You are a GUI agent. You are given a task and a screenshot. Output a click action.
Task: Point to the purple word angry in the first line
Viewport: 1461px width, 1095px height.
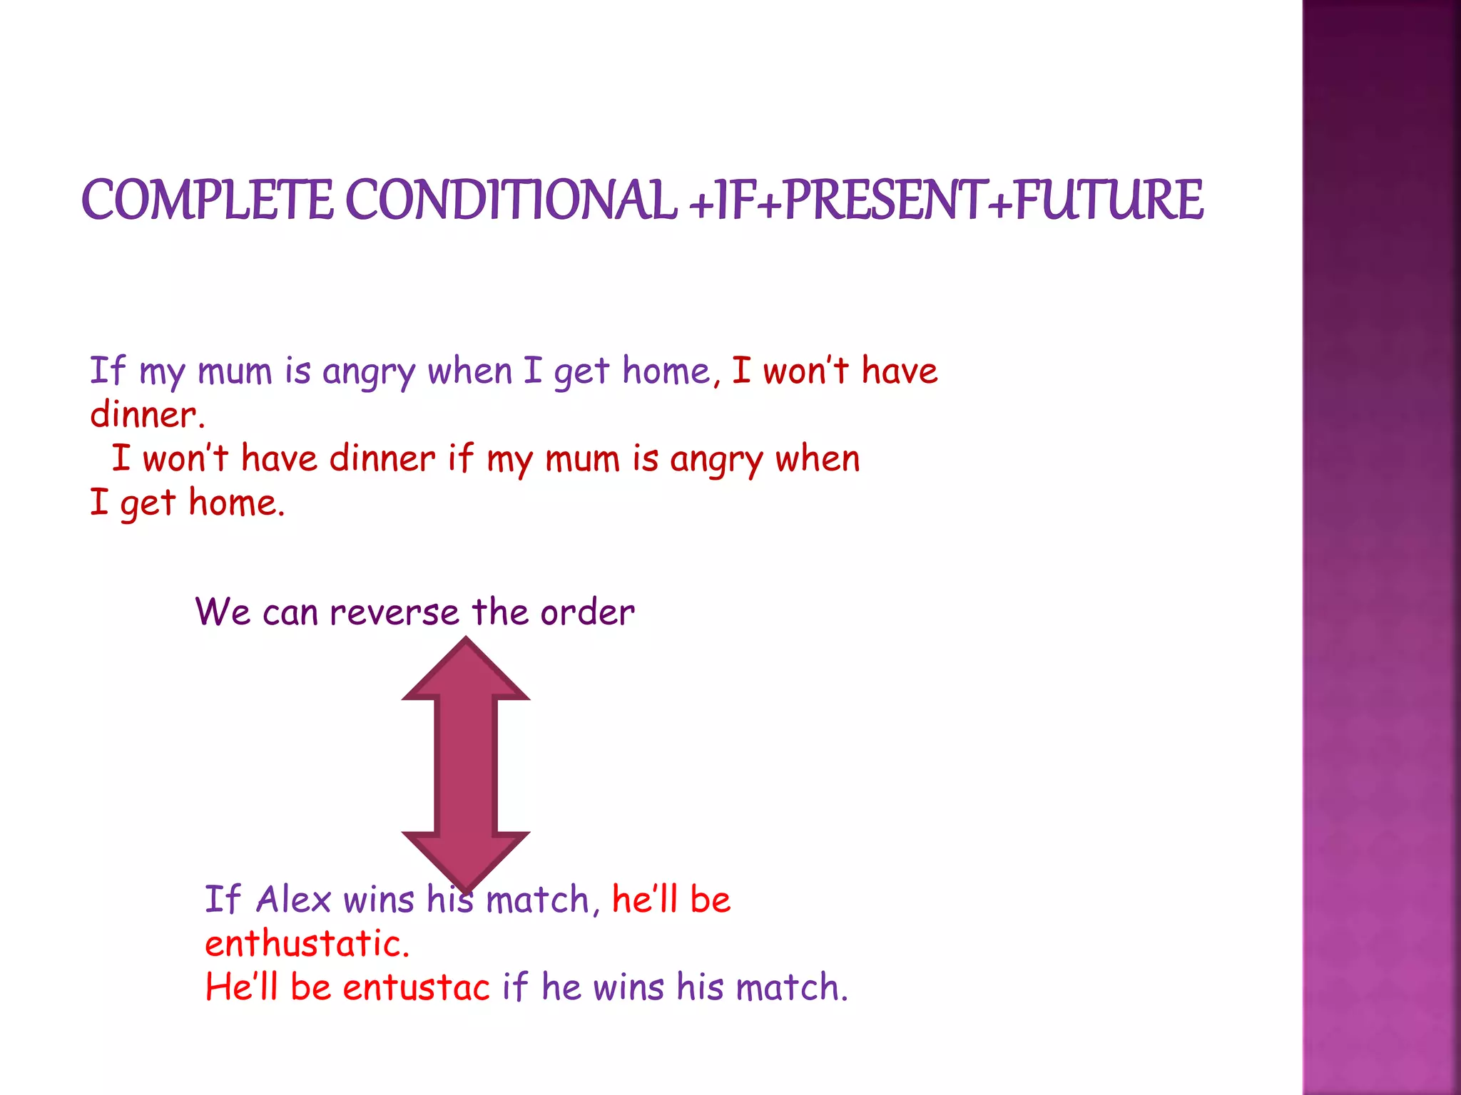[x=368, y=372]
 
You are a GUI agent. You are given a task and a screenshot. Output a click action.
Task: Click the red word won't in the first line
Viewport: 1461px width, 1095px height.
[x=805, y=371]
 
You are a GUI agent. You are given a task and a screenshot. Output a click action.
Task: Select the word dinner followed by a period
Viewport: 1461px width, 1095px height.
[x=147, y=415]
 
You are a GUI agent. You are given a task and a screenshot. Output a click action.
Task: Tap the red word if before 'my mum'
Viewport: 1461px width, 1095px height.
[x=460, y=458]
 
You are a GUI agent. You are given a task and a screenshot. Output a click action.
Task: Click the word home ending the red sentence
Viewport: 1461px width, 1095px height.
[x=235, y=503]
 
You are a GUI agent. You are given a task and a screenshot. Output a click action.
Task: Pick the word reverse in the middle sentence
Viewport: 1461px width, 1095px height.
[x=394, y=612]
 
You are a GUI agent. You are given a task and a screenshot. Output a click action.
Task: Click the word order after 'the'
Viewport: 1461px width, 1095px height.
[x=586, y=612]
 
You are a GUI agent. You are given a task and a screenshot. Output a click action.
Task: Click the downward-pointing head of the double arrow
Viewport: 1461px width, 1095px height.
[x=466, y=859]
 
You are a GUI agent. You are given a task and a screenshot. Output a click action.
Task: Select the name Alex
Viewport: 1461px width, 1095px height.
[x=293, y=899]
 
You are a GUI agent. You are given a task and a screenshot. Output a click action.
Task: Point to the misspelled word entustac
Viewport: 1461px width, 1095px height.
[x=416, y=988]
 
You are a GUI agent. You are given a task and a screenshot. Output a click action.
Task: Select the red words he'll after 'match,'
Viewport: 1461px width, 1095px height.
[x=644, y=899]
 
